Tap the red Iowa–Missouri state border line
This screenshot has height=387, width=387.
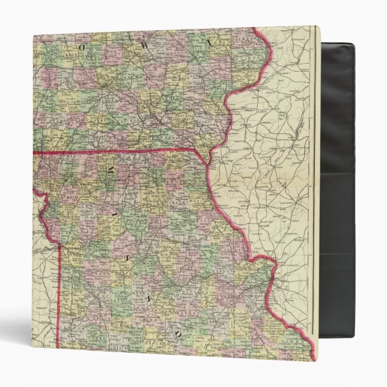[x=120, y=151]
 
